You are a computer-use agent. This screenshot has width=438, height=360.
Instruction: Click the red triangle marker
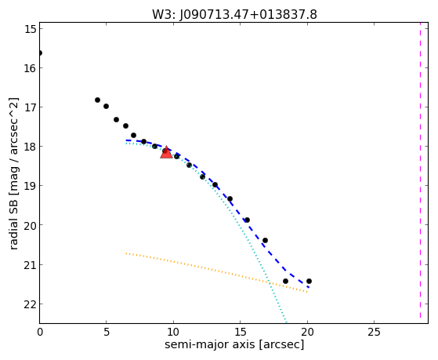(166, 152)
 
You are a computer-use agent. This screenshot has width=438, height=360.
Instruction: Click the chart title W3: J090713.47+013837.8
(234, 15)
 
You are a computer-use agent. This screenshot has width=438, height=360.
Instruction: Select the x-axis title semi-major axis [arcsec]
(234, 344)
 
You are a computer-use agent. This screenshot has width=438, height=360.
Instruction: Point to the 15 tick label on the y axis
(31, 29)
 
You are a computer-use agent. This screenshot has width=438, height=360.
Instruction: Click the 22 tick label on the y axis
(31, 304)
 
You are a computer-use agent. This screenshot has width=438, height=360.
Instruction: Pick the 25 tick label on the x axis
(374, 333)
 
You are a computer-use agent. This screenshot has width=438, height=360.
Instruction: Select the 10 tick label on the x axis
(173, 333)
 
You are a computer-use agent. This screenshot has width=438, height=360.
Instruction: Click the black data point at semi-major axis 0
(40, 53)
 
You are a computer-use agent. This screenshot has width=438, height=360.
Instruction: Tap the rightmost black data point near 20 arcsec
(309, 281)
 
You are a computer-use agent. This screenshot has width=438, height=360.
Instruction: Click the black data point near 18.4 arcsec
(285, 281)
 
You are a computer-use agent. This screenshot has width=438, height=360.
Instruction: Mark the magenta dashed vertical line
(420, 173)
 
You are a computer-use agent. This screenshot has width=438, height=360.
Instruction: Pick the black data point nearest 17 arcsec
(265, 240)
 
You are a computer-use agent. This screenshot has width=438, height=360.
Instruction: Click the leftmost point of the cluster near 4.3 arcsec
(97, 100)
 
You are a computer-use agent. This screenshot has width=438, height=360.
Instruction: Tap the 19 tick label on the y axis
(31, 187)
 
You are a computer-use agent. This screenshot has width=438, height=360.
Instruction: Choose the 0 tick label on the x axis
(40, 333)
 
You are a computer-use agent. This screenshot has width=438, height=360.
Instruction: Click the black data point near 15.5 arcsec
(247, 220)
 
